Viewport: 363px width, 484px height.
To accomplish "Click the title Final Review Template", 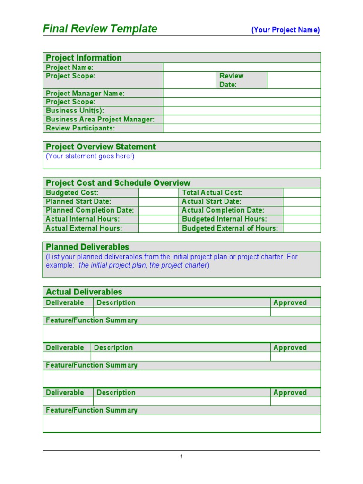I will (100, 29).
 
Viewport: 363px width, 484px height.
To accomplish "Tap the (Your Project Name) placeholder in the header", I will (285, 30).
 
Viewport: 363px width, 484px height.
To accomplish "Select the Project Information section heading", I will (84, 58).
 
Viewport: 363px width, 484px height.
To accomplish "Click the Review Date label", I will (231, 80).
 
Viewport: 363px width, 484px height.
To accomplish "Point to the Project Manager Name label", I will (85, 94).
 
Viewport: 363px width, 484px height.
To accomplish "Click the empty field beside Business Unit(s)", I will (242, 111).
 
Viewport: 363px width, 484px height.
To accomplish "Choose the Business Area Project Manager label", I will (100, 120).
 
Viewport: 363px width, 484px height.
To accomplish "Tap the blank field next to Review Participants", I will (242, 128).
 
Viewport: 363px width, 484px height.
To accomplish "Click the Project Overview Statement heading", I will (101, 147).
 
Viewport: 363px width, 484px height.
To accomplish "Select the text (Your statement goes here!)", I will (90, 156).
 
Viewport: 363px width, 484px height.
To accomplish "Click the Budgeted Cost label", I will (72, 192).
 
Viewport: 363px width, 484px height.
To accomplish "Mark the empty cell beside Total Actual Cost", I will (302, 192).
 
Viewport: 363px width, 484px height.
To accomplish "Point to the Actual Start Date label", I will (211, 201).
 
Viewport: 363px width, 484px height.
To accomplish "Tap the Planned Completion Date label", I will (90, 210).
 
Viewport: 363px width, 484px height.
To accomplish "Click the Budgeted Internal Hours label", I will (224, 219).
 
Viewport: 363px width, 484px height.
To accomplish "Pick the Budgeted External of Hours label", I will (230, 228).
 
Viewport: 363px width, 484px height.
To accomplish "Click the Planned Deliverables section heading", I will (87, 247).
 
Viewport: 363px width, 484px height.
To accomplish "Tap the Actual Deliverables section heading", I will (84, 292).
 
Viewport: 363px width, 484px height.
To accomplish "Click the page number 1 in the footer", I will (181, 457).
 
